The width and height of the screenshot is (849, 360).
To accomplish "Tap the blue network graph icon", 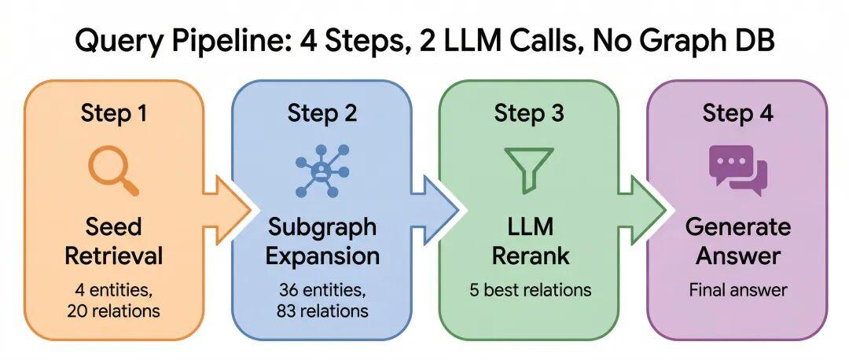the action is (x=322, y=170).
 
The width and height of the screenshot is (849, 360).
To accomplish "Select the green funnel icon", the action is (x=529, y=171).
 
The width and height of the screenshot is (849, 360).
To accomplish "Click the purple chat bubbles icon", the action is (x=738, y=171).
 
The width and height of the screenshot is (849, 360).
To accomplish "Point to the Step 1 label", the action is (x=114, y=114).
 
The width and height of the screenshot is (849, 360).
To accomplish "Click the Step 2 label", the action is (x=322, y=114).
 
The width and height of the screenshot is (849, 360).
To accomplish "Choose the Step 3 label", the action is (x=529, y=114).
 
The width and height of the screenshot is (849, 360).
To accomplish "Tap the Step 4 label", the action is (x=738, y=114).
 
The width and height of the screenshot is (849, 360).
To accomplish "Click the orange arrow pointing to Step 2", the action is (x=227, y=210).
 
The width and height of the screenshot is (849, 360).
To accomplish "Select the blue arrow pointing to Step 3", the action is (x=435, y=210).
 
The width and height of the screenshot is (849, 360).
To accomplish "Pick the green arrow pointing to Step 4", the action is (x=642, y=210).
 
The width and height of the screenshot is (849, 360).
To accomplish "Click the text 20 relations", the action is (x=114, y=311).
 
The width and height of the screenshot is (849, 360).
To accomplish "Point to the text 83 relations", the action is (x=322, y=311).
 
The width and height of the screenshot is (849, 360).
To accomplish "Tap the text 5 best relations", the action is (x=530, y=290).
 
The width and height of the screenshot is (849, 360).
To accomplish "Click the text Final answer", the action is (x=738, y=290).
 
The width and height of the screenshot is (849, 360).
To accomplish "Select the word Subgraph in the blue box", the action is (x=322, y=228).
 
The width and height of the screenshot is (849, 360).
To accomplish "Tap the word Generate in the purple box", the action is (x=738, y=227).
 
